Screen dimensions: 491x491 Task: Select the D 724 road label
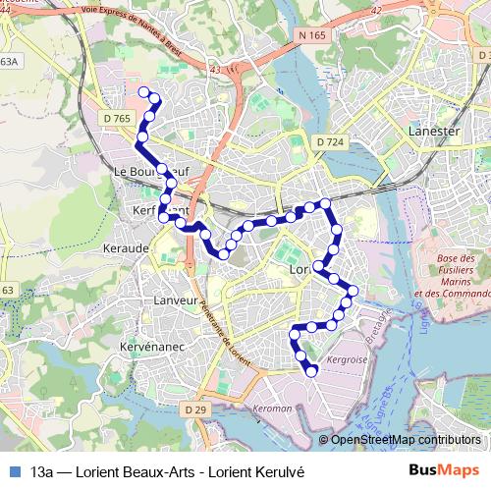tap(330, 142)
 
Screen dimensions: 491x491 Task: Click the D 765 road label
tap(117, 118)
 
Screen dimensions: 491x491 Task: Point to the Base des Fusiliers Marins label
tap(452, 275)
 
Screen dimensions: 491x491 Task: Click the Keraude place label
tap(125, 248)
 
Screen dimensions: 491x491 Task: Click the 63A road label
tap(9, 61)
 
